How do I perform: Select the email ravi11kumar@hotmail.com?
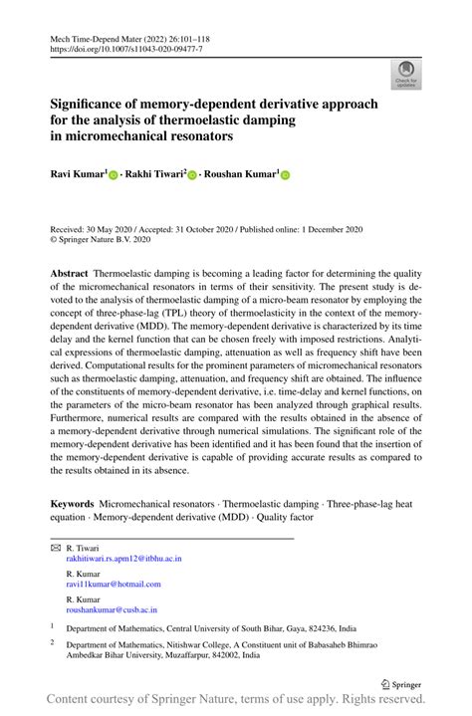point(113,584)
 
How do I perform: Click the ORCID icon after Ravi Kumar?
point(114,174)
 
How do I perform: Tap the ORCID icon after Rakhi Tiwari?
point(192,174)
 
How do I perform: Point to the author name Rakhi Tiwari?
point(152,174)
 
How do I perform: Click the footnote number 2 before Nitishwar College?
point(53,643)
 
